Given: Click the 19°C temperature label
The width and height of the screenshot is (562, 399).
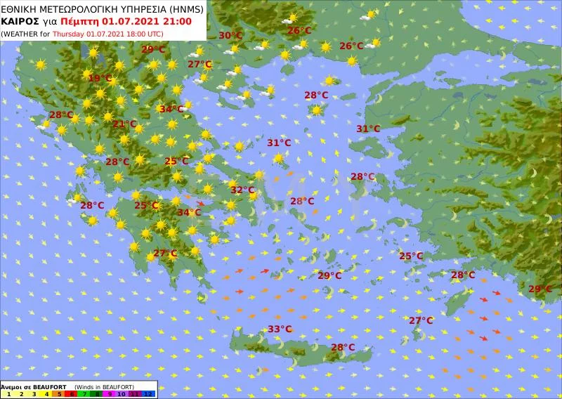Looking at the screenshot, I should pos(100,79).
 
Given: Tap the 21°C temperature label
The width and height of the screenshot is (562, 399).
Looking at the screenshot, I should pos(125,124).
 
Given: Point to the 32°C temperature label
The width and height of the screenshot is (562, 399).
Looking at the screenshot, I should pos(242,190).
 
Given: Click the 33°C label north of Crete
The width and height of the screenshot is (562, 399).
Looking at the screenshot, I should pos(280,329).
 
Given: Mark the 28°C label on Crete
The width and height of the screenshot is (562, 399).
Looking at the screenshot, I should pos(343,347).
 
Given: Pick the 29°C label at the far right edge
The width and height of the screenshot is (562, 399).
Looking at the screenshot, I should pos(540,289).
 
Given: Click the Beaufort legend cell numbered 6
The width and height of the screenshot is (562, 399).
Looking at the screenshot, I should pos(72,394).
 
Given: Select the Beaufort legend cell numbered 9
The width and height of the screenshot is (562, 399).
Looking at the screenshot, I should pos(110,394).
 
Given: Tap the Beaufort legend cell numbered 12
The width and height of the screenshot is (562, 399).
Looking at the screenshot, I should pos(148,394).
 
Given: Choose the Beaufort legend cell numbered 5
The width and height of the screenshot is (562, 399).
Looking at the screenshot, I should pos(58,394).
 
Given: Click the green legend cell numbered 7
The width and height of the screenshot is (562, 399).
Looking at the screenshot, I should pos(84,394).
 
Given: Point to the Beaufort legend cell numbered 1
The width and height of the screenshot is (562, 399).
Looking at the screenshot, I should pos(8,394).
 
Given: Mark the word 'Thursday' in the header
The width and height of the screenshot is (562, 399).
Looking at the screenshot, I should pos(69,33).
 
